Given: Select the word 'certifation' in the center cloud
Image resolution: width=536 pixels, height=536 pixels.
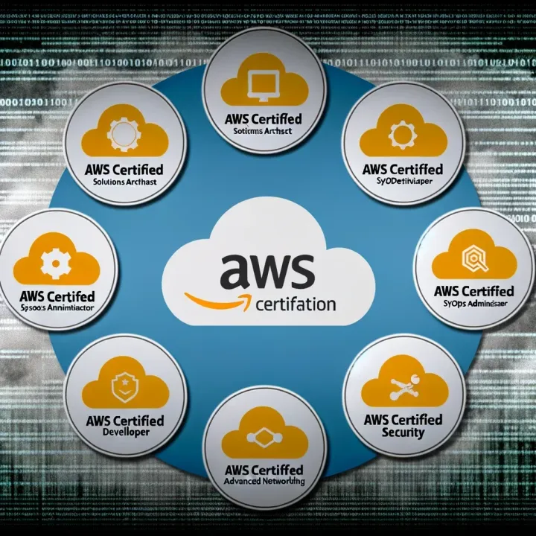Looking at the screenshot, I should click(x=295, y=305).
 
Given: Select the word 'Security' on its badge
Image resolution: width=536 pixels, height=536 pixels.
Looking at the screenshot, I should click(x=402, y=433).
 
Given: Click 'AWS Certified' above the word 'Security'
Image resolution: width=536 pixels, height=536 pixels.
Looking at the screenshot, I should click(x=403, y=420).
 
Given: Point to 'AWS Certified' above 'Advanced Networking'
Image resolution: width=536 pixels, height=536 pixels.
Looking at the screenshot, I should click(x=264, y=470).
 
